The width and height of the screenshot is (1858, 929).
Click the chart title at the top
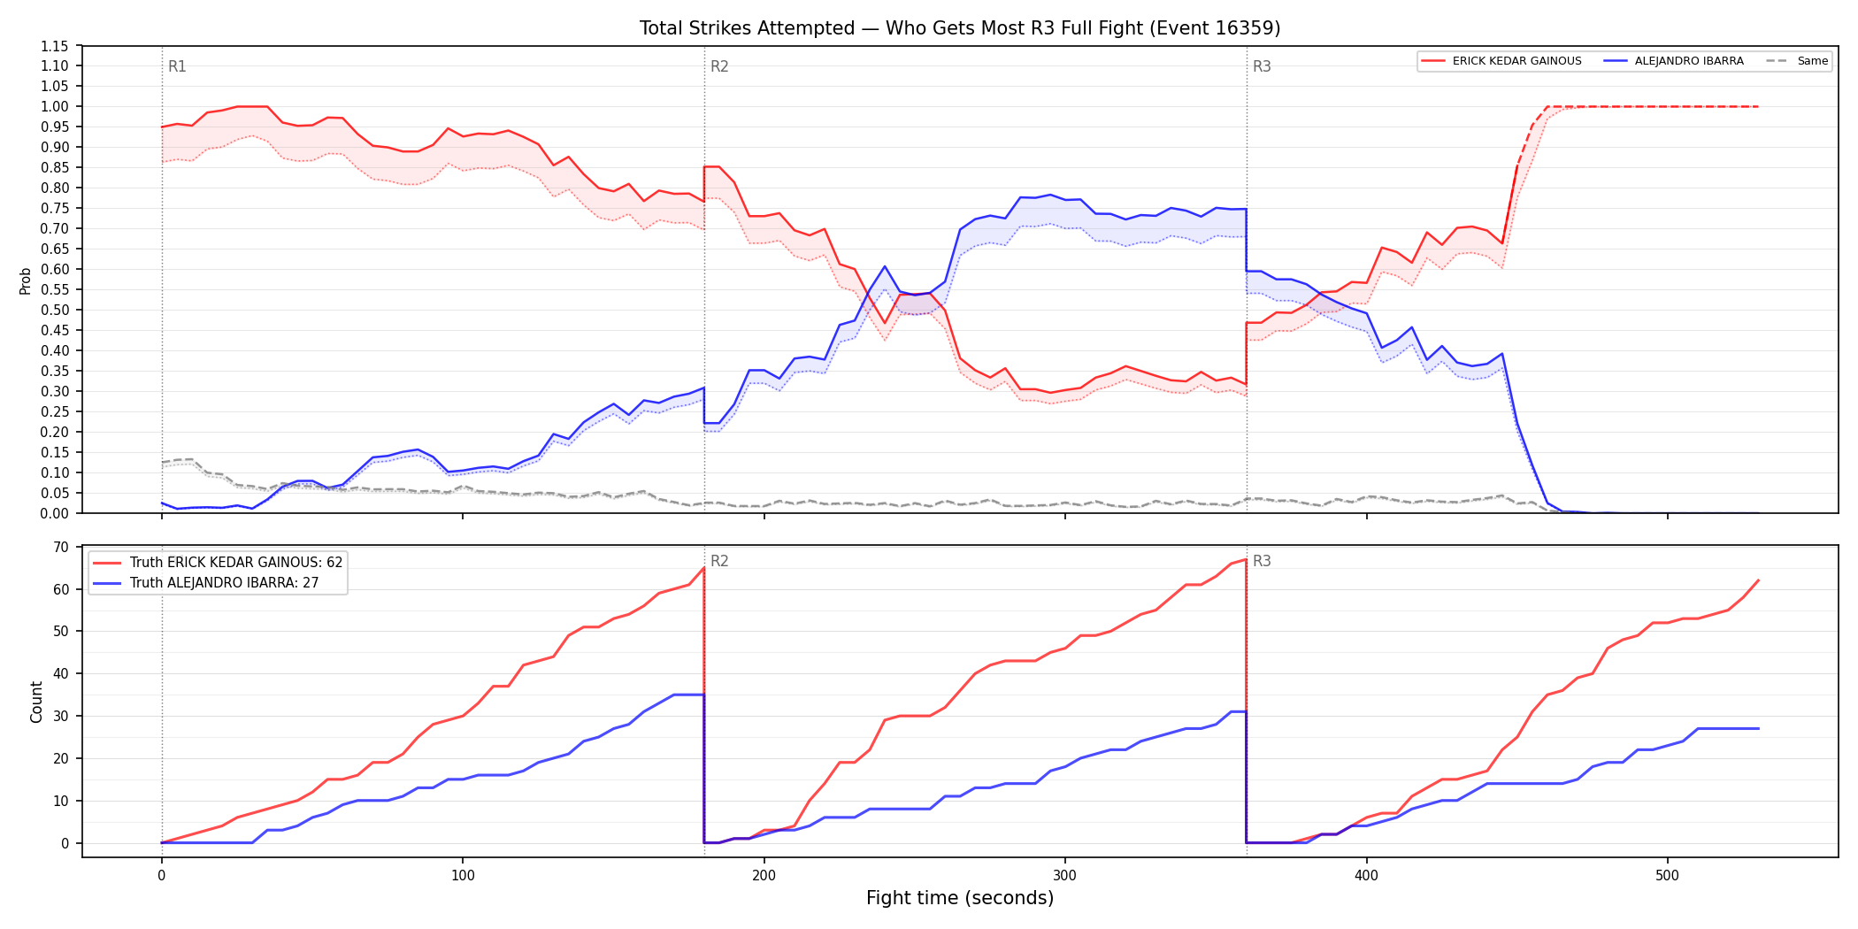coord(960,28)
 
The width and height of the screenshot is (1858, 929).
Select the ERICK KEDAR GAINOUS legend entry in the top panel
coord(1501,61)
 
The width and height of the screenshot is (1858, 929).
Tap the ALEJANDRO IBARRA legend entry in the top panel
coord(1674,61)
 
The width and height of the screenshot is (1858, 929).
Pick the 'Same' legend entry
coord(1797,61)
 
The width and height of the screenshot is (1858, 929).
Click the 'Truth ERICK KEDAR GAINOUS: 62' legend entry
coord(218,563)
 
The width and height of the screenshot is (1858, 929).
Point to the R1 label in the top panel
coord(177,66)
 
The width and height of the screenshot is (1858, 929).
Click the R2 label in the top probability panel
coord(719,66)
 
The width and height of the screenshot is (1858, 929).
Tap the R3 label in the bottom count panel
coord(1262,561)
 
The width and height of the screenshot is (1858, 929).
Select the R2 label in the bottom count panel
coord(719,561)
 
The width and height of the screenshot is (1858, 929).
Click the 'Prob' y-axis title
coord(26,280)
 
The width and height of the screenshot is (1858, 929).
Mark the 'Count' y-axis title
coord(36,702)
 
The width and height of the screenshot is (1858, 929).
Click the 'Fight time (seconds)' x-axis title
coord(960,898)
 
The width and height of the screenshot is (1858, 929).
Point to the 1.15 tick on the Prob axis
coord(55,46)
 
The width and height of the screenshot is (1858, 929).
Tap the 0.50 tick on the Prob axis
coord(55,311)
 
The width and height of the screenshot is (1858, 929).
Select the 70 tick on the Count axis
coord(61,547)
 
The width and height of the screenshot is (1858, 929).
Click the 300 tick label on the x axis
coord(1065,876)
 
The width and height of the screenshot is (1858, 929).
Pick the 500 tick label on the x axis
coord(1667,876)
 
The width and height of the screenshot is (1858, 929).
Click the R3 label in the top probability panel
coord(1262,66)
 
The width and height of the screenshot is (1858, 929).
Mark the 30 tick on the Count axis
coord(61,716)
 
